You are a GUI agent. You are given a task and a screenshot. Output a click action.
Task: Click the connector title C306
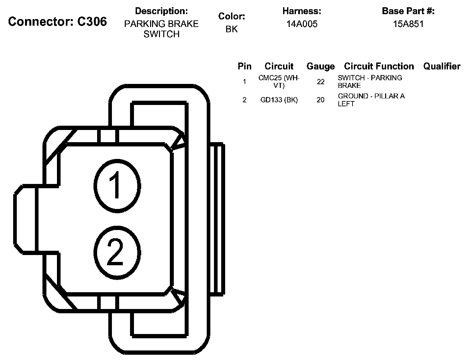[x=58, y=22]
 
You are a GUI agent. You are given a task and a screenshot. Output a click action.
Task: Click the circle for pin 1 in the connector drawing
[x=117, y=186]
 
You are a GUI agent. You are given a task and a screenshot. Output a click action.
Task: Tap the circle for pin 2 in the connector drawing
[x=117, y=252]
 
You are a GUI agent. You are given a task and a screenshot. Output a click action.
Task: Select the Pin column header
[x=244, y=66]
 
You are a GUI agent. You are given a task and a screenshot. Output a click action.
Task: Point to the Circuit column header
[x=279, y=66]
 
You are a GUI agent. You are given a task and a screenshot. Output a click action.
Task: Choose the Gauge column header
[x=320, y=66]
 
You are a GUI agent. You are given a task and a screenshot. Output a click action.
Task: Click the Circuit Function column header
[x=379, y=66]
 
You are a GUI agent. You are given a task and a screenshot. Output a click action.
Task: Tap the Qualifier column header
[x=442, y=66]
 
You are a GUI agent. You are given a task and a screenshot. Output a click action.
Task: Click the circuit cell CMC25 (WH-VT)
[x=279, y=82]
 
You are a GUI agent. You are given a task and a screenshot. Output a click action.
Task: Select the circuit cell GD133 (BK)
[x=279, y=100]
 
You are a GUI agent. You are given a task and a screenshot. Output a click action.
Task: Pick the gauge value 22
[x=320, y=82]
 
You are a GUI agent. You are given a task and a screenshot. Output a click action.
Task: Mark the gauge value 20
[x=320, y=100]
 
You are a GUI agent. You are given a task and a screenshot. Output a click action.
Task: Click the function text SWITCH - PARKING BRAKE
[x=370, y=82]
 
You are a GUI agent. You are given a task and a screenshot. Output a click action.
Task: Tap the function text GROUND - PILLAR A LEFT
[x=371, y=100]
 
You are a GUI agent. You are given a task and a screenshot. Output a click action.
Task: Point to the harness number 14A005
[x=302, y=24]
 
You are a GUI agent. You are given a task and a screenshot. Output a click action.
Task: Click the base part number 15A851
[x=408, y=24]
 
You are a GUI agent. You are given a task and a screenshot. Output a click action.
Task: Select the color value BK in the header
[x=231, y=29]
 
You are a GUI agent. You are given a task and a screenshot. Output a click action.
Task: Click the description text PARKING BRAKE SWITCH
[x=161, y=29]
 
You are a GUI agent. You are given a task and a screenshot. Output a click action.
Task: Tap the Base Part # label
[x=408, y=11]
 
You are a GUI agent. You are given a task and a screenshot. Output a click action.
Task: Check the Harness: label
[x=302, y=11]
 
